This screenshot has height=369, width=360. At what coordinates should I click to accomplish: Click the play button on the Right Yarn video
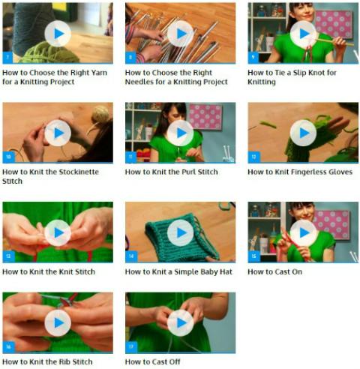tap(58, 34)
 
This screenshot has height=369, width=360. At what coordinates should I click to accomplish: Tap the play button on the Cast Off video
tap(180, 322)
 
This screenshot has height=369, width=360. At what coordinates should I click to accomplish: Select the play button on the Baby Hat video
tap(180, 232)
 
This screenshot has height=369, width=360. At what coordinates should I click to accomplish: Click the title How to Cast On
tap(274, 271)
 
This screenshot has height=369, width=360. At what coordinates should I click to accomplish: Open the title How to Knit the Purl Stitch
tap(171, 172)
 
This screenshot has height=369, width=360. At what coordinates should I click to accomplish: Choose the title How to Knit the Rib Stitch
tap(47, 361)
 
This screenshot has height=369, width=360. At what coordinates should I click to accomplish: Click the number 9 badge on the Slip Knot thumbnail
tap(253, 58)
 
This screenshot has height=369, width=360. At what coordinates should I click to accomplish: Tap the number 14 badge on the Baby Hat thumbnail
tap(131, 256)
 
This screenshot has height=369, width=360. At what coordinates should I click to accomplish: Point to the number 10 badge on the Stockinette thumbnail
tap(8, 157)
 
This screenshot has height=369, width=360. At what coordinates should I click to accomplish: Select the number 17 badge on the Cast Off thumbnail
tap(131, 346)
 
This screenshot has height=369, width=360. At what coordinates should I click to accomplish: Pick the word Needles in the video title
tap(139, 82)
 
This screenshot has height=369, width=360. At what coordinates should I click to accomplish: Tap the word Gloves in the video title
tap(340, 172)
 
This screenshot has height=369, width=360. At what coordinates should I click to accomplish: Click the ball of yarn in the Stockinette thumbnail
tap(100, 115)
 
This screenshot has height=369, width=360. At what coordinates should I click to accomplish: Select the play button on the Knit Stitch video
tap(58, 232)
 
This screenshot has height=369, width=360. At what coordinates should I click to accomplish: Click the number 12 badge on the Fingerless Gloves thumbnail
tap(253, 157)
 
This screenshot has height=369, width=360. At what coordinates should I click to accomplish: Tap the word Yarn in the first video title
tap(99, 73)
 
